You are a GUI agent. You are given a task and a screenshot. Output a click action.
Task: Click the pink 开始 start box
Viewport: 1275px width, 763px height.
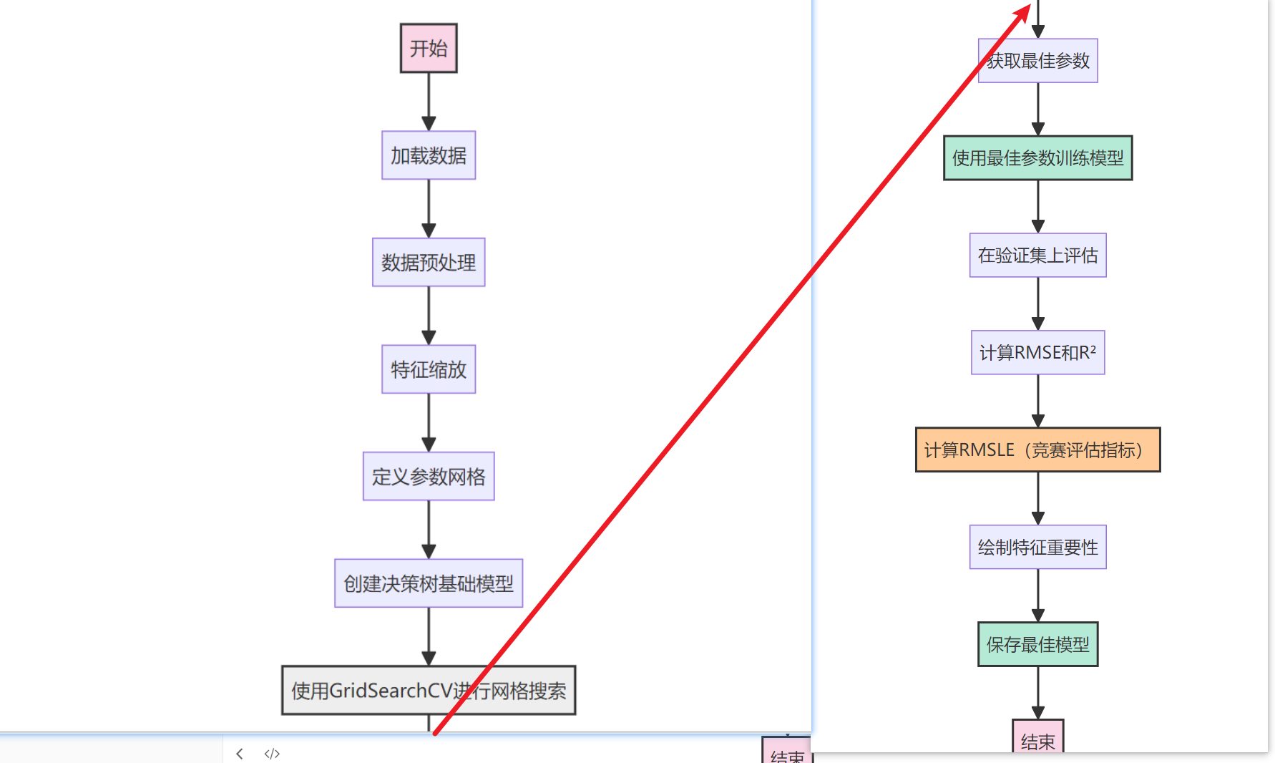pos(429,48)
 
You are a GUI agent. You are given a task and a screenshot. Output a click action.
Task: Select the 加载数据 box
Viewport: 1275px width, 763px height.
pos(429,155)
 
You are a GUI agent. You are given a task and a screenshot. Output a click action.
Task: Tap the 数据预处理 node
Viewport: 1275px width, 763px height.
pos(429,262)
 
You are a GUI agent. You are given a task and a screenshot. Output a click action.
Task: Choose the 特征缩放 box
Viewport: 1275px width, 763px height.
pos(429,369)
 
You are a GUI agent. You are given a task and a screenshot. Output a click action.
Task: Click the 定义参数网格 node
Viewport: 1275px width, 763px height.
pos(429,476)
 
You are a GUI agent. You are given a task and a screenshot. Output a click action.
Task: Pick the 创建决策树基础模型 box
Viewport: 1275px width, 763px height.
pos(429,583)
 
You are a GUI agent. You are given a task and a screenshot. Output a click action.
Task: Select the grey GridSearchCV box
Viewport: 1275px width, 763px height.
pos(429,690)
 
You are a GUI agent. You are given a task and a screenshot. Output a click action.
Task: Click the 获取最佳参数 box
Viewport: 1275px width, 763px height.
pos(1037,61)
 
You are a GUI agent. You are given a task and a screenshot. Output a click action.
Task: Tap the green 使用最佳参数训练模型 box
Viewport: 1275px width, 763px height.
pos(1037,158)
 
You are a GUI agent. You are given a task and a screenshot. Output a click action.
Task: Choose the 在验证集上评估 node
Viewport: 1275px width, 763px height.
pos(1037,256)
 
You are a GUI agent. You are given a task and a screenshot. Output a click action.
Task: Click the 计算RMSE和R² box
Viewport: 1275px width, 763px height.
pos(1037,352)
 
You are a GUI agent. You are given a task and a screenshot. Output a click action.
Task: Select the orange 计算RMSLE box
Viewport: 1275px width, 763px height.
pos(1037,449)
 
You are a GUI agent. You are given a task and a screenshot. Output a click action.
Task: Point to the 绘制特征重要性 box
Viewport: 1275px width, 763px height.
pos(1037,547)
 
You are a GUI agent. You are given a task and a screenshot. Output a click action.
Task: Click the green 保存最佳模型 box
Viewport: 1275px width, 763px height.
pos(1037,644)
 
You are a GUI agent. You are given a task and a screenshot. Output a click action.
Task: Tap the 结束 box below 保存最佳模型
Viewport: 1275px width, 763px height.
pos(1037,739)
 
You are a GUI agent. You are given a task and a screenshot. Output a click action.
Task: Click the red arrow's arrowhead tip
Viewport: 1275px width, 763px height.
pos(1029,6)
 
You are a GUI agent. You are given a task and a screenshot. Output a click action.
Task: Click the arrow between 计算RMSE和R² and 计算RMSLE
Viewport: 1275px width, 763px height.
pos(1037,401)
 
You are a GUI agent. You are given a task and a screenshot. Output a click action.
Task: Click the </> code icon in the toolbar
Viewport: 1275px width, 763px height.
pos(272,754)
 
